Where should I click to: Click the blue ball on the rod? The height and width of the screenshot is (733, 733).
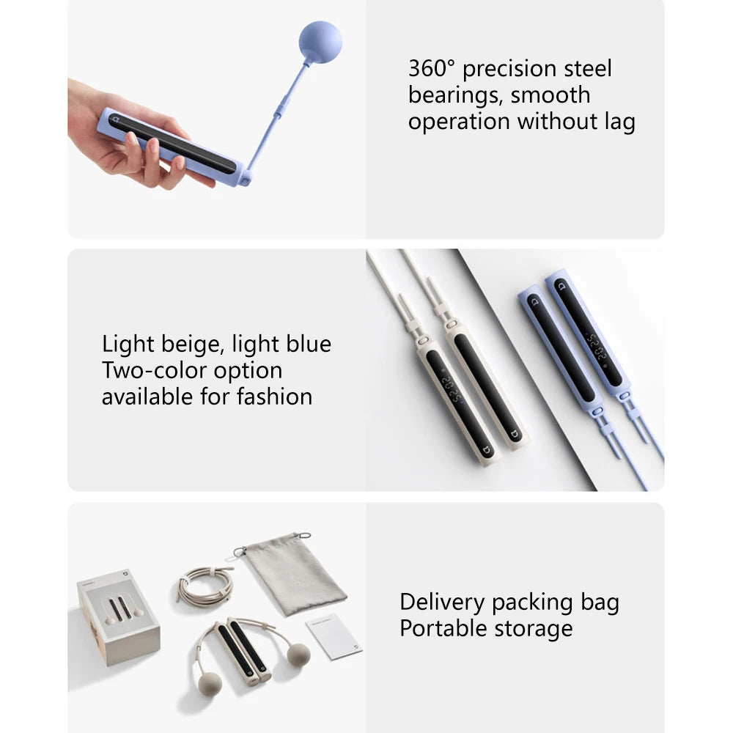pyautogui.click(x=320, y=43)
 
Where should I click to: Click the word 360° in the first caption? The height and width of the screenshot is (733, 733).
pyautogui.click(x=432, y=69)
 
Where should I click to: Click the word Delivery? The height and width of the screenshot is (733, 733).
pyautogui.click(x=442, y=603)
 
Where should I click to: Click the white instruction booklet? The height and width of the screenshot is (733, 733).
pyautogui.click(x=333, y=636)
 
